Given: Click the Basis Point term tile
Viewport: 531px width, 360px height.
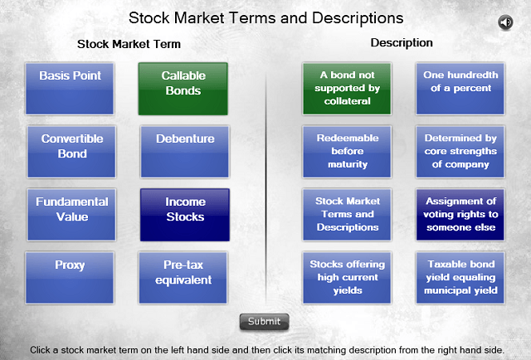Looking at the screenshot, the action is [x=70, y=89].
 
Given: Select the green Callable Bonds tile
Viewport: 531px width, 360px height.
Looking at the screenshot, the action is [x=183, y=89].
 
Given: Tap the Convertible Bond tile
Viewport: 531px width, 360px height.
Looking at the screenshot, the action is [x=71, y=152].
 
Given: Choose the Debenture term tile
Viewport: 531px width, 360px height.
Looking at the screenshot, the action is [x=185, y=152].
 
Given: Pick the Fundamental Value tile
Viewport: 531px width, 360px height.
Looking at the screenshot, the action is [x=71, y=215].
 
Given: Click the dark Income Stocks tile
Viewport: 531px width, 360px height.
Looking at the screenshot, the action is [x=185, y=215].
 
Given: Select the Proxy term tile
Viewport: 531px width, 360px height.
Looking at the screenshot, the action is [x=70, y=278].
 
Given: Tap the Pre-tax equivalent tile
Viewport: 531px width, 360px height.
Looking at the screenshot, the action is [x=183, y=278].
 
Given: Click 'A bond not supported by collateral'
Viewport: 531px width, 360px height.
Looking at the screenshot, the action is [x=347, y=89].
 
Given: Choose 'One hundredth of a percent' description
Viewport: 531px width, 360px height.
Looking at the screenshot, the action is [x=460, y=89].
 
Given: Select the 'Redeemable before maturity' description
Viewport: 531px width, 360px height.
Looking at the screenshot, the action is [x=347, y=152].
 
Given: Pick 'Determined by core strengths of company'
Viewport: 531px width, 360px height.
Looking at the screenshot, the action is [x=460, y=152].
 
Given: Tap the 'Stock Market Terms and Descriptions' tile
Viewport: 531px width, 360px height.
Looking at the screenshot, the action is [x=347, y=215].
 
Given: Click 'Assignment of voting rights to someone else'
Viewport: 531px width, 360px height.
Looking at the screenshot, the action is [x=460, y=215].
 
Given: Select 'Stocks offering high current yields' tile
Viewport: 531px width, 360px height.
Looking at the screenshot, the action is [x=347, y=278].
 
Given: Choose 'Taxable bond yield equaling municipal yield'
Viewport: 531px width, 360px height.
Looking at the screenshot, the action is [x=460, y=278].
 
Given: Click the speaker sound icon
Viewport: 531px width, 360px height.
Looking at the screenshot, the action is [x=505, y=22].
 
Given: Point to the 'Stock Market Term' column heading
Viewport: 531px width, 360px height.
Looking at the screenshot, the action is [x=129, y=44].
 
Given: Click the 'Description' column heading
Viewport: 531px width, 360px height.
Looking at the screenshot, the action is [x=402, y=42].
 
